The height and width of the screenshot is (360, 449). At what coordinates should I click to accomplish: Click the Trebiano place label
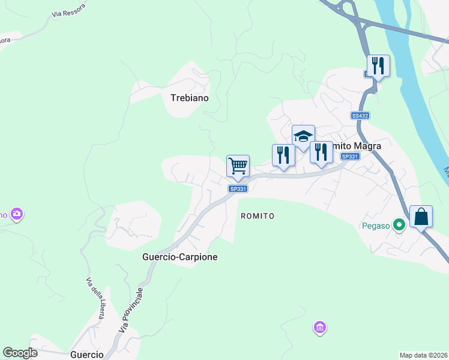pyautogui.click(x=189, y=97)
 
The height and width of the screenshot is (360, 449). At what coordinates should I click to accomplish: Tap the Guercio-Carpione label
pyautogui.click(x=179, y=257)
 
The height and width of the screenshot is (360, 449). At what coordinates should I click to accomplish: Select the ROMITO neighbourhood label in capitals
pyautogui.click(x=258, y=215)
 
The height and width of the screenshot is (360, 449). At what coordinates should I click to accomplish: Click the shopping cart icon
pyautogui.click(x=238, y=166)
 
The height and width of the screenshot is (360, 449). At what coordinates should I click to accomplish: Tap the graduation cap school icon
pyautogui.click(x=303, y=136)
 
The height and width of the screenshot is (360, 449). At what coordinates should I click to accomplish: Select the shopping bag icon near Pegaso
pyautogui.click(x=421, y=217)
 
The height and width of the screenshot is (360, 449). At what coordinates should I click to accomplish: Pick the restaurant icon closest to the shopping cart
pyautogui.click(x=283, y=155)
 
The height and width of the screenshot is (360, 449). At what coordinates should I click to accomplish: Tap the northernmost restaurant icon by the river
pyautogui.click(x=378, y=65)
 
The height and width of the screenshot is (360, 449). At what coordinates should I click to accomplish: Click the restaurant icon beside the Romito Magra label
pyautogui.click(x=321, y=152)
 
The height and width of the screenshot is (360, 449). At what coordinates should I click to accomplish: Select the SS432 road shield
pyautogui.click(x=360, y=116)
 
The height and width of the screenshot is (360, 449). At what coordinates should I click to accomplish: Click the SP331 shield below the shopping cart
pyautogui.click(x=238, y=188)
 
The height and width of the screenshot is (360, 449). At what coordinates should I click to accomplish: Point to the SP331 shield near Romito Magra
pyautogui.click(x=349, y=157)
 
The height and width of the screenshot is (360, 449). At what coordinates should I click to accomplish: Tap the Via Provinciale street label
pyautogui.click(x=131, y=310)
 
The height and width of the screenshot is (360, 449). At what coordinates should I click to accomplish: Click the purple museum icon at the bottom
pyautogui.click(x=320, y=328)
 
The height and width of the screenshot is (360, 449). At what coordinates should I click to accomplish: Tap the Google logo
pyautogui.click(x=20, y=353)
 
